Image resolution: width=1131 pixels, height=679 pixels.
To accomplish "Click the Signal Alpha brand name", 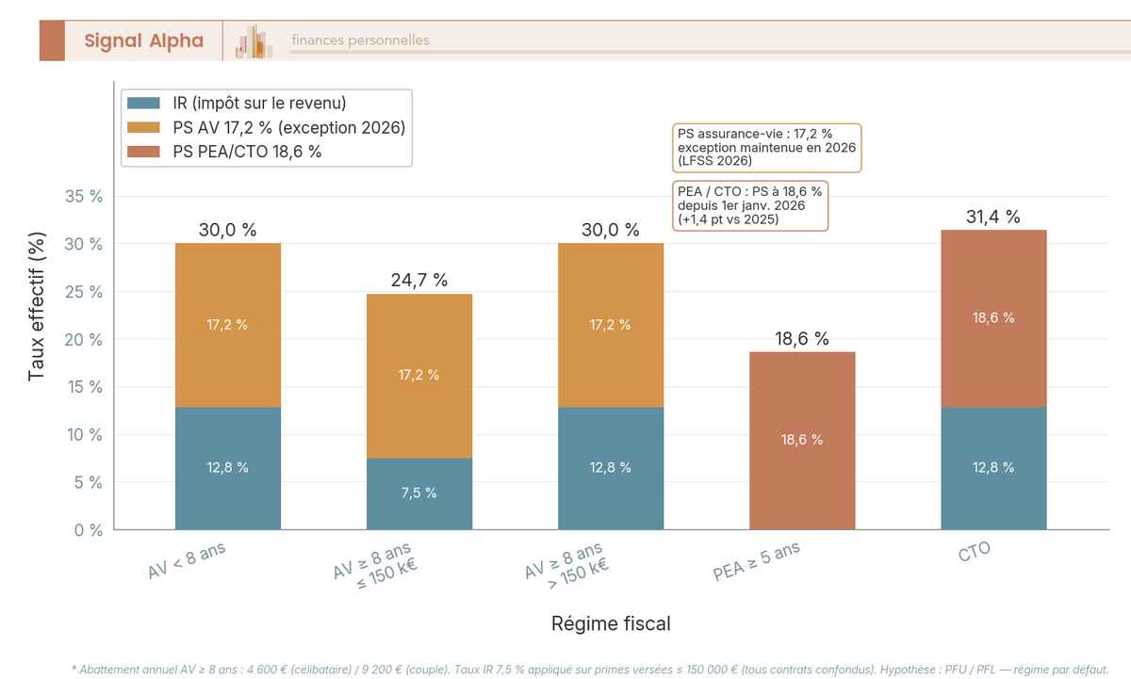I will pos(143,40).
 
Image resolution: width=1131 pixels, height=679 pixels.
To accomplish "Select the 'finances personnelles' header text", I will pos(360,40).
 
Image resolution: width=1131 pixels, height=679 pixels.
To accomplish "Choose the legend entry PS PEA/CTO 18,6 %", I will pos(247,152).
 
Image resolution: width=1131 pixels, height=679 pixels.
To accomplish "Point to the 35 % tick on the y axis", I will pos(84,196).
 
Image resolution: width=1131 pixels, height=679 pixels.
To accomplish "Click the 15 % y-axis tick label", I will pos(84,387).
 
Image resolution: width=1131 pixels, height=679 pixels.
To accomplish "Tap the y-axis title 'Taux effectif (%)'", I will pos(37,308).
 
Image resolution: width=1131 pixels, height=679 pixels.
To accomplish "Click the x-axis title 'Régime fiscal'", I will pos(611,623).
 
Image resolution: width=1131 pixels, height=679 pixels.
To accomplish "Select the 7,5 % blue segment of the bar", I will pos(419,493).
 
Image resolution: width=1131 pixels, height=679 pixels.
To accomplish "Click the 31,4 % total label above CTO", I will pos(993,217).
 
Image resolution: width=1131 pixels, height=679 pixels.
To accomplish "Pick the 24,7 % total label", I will pos(419,281).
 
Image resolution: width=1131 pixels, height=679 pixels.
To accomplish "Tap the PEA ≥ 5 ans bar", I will pos(802,440).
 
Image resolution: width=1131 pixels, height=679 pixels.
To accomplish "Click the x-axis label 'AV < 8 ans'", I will pos(188,559).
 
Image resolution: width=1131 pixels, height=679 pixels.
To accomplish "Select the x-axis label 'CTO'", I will pos(974,551).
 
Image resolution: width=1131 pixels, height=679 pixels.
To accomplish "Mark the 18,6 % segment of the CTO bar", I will pos(993,318).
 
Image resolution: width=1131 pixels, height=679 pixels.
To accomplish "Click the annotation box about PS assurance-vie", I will pos(766,148).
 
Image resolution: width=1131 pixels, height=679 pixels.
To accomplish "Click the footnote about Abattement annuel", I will pos(590,669).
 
